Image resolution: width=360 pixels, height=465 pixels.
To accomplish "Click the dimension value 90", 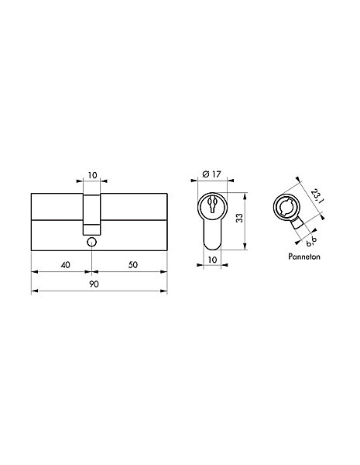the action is (94, 284).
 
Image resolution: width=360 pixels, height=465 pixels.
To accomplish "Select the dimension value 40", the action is (65, 264).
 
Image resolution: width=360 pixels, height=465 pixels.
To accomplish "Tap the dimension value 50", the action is (133, 264).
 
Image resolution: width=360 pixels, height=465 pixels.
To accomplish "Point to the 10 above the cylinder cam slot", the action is (92, 175).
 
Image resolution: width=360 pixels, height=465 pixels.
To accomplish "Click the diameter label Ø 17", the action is (211, 174).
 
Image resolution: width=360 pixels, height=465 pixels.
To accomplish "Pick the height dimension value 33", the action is (240, 218).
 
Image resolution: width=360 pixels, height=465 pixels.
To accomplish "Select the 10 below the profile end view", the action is (212, 260).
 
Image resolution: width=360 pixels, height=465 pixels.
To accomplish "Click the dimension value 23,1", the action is (317, 196).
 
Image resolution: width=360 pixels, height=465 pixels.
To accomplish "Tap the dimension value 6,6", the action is (310, 241).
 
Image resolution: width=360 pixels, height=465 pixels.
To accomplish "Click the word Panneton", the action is (304, 257).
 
